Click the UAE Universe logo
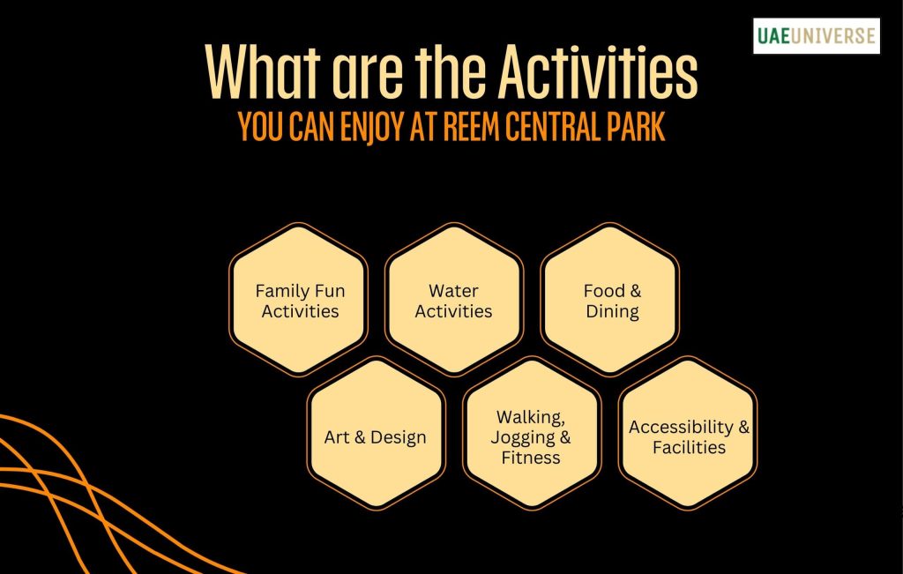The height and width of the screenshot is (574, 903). (x=816, y=36)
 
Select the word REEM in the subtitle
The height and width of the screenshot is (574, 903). (x=464, y=128)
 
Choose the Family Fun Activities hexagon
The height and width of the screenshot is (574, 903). (x=299, y=301)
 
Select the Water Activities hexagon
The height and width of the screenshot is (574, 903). (x=454, y=301)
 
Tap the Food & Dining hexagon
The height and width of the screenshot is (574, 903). (x=611, y=301)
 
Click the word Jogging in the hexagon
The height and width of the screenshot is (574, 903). (x=524, y=437)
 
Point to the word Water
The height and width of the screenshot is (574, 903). (x=454, y=291)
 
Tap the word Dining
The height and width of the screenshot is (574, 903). (x=612, y=311)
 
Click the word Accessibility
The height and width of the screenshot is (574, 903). (x=681, y=427)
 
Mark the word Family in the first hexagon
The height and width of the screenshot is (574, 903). (x=279, y=291)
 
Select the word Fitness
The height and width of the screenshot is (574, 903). (x=531, y=458)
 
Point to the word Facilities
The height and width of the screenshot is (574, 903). (x=689, y=448)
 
